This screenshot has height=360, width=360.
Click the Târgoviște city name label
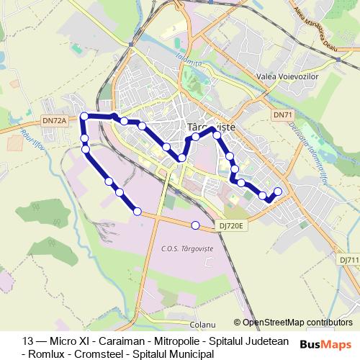(206, 125)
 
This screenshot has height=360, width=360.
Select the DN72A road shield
(54, 121)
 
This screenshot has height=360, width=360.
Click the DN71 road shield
(284, 115)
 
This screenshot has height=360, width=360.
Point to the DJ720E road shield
(233, 225)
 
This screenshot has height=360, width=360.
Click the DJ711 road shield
(351, 259)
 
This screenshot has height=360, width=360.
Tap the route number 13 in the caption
(28, 341)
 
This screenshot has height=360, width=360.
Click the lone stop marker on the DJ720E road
(196, 225)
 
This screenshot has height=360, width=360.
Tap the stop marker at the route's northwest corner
(84, 116)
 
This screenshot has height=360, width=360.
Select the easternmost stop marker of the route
(278, 191)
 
